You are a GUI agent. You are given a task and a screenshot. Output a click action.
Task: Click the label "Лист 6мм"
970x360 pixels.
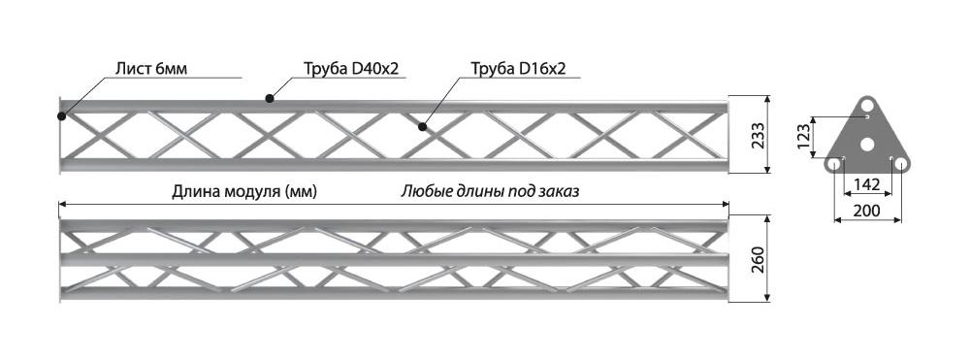point(151,69)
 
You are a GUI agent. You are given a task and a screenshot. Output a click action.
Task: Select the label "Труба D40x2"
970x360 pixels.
point(351,69)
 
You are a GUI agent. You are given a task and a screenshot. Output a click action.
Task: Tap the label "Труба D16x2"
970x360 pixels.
point(518,69)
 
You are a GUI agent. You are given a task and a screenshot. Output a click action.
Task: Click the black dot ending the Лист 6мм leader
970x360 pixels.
point(61,115)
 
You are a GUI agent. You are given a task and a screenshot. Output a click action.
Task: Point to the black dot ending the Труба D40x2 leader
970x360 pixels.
point(269,98)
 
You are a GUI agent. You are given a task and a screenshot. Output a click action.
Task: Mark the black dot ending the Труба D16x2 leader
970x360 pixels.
point(422,127)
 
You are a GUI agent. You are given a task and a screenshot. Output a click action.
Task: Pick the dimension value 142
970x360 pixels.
point(866,184)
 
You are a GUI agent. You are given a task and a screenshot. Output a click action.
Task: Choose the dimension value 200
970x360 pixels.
point(866,211)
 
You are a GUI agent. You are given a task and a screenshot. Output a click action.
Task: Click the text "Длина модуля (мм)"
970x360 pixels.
point(244,192)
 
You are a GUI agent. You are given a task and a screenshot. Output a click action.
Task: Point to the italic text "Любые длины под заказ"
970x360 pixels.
point(490,192)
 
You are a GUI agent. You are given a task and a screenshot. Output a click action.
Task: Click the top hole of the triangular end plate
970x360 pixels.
point(868,103)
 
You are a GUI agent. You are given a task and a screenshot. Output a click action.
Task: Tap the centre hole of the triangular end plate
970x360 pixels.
point(867,145)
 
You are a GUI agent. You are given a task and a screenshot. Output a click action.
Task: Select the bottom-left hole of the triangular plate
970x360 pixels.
point(834,164)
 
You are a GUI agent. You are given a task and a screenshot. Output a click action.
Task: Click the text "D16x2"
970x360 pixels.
point(542,69)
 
